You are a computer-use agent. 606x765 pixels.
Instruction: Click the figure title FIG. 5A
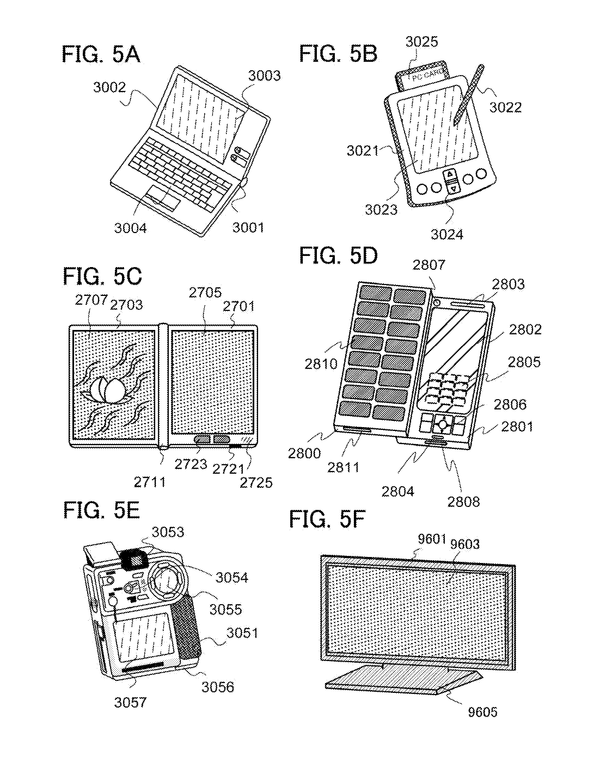pos(101,55)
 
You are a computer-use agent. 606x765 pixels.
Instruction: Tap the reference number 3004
pos(130,228)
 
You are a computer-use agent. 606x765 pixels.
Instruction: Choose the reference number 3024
pos(447,235)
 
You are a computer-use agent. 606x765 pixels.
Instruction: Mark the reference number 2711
pos(149,482)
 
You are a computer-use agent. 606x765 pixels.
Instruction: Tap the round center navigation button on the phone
pos(442,424)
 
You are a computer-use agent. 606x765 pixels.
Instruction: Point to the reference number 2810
pos(321,364)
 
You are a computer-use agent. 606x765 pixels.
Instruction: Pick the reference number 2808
pos(463,502)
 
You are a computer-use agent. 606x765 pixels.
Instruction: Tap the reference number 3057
pos(130,702)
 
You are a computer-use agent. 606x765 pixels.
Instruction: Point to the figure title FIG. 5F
pos(327,520)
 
